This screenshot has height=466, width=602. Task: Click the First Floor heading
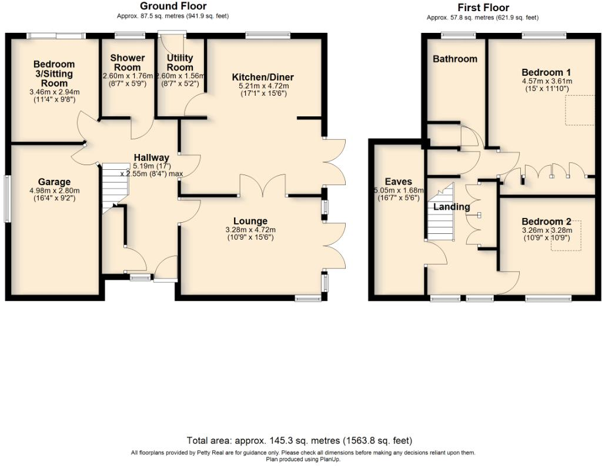pos(483,8)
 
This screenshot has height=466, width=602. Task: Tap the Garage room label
pos(55,182)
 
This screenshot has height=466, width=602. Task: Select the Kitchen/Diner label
pos(263,78)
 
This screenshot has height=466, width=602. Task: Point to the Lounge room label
pos(250,221)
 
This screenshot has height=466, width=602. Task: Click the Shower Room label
pos(128,62)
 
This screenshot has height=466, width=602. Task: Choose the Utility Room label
pos(180,62)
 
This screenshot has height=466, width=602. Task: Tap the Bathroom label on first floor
pos(455,59)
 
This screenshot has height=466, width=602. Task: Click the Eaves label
pos(399,182)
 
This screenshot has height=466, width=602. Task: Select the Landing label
pos(451,207)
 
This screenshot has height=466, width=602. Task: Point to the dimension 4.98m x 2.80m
pos(55,190)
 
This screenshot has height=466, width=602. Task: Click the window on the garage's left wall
pos(8,199)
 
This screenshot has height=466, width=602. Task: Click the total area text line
pos(300,440)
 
